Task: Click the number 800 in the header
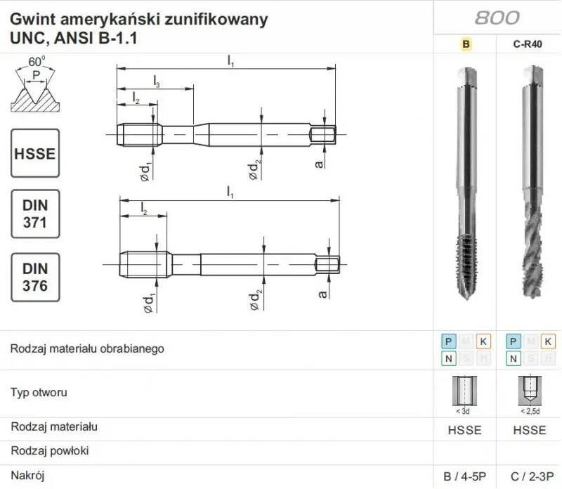click(x=497, y=18)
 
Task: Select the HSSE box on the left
click(x=35, y=152)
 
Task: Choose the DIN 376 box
click(x=35, y=277)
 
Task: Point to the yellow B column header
click(x=466, y=44)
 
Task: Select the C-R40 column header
click(x=528, y=44)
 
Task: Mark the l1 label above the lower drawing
click(x=230, y=191)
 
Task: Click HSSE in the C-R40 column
click(x=528, y=430)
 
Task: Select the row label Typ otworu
click(x=39, y=393)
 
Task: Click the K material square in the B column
click(x=483, y=341)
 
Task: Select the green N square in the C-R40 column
click(x=513, y=358)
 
